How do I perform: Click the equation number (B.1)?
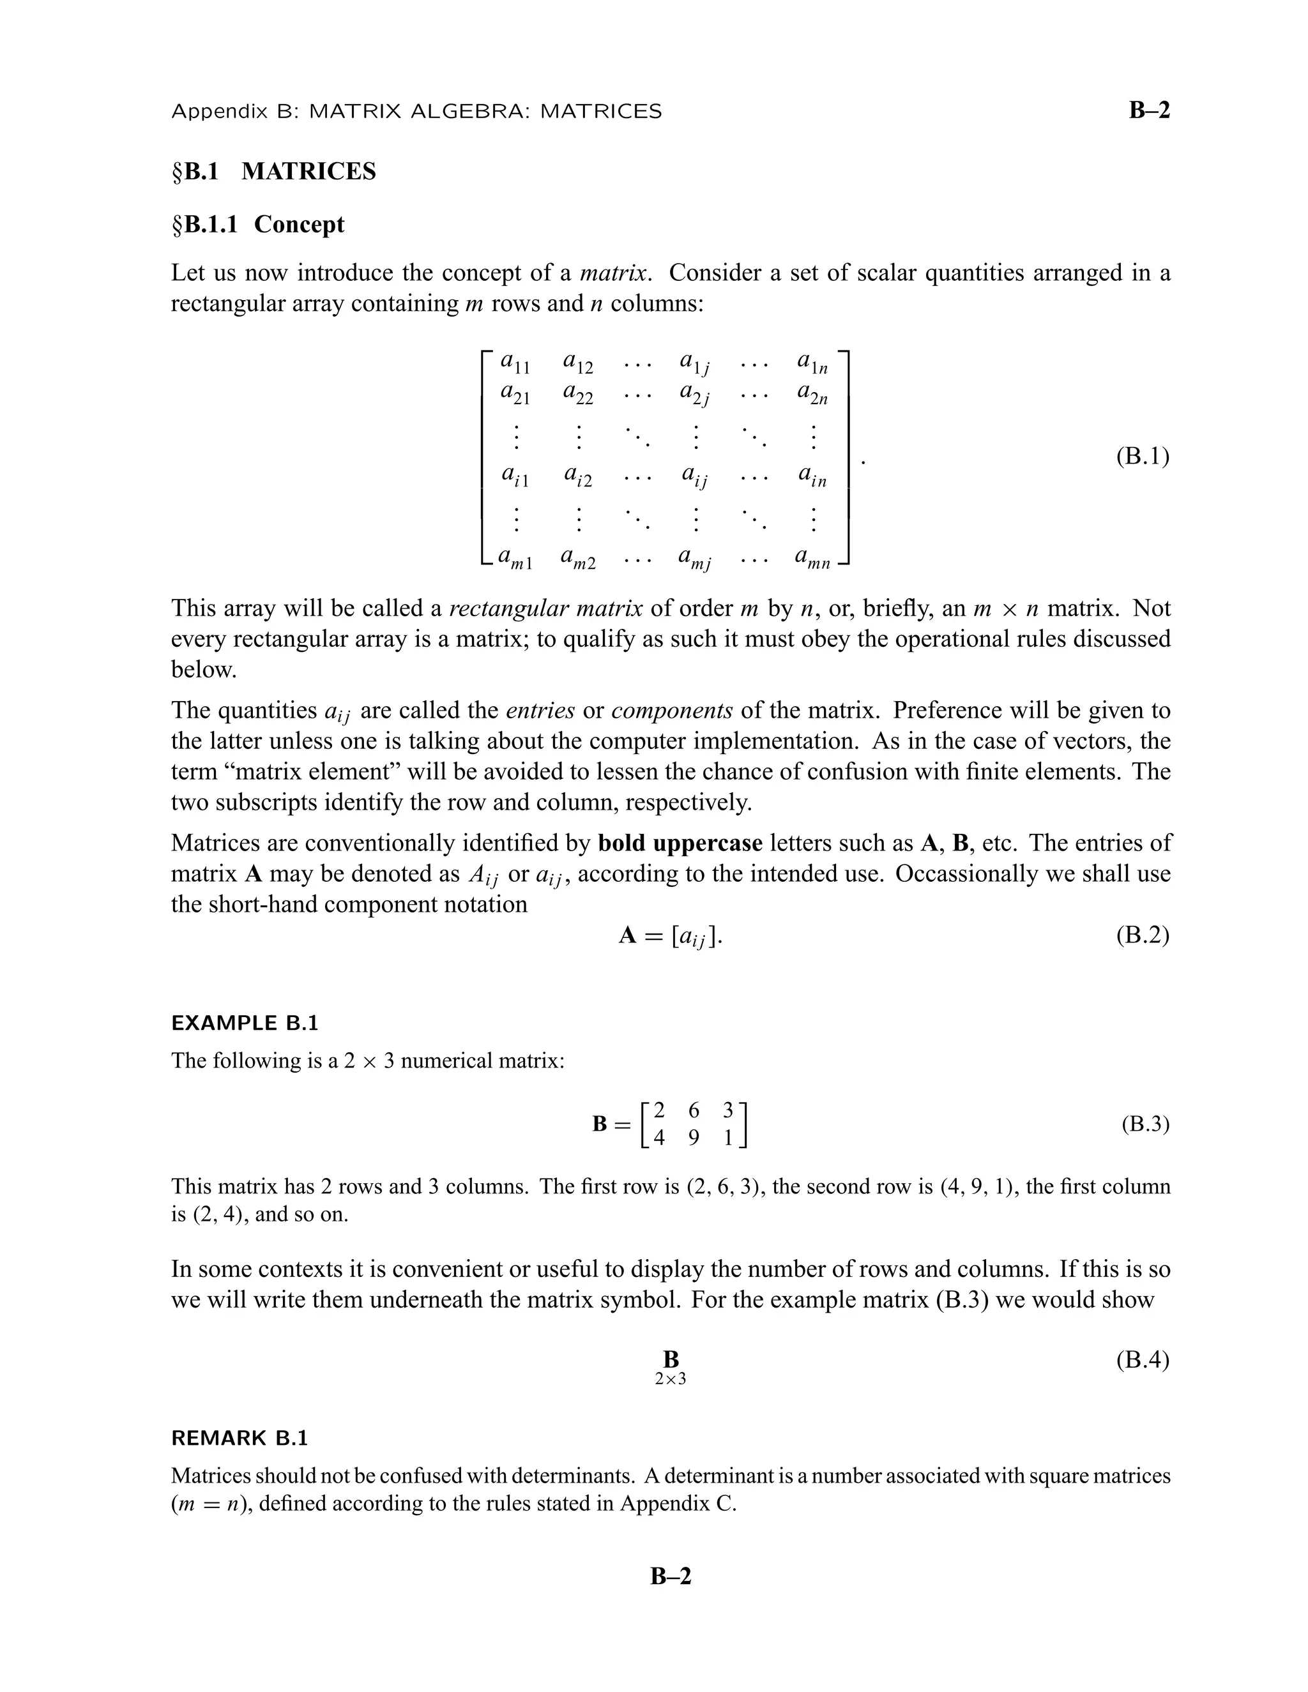[x=1142, y=457]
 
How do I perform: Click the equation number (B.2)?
[x=1142, y=935]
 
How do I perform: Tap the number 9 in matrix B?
[x=694, y=1137]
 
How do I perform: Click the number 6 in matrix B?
[x=694, y=1110]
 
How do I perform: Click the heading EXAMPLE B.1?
[x=245, y=1023]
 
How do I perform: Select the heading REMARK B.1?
[x=240, y=1438]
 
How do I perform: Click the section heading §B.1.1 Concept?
[x=258, y=225]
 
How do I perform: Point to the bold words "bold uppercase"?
[x=680, y=843]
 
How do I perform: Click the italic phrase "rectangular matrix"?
[x=545, y=608]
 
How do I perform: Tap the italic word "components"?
[x=672, y=711]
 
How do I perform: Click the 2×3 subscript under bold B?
[x=670, y=1379]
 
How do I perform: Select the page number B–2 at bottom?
[x=670, y=1576]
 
